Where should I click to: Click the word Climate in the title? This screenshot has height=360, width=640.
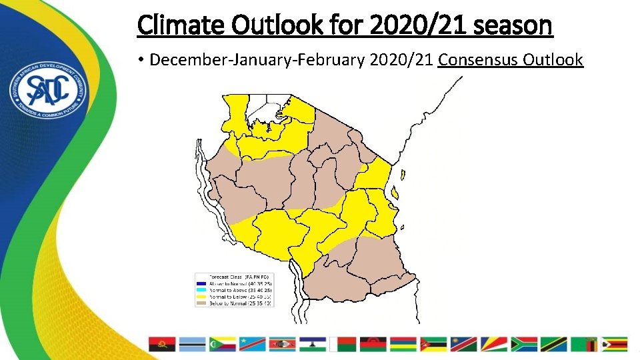coord(175,26)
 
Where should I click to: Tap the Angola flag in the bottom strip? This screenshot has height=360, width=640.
coord(161,344)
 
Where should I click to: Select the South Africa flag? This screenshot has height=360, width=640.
coord(524,344)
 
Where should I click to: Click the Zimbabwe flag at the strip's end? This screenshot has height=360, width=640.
coord(614,344)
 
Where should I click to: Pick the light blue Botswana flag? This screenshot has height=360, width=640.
coord(192,344)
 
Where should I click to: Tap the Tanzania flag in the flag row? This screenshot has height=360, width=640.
coord(554,344)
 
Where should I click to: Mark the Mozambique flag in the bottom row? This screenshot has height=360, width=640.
coord(433,344)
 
